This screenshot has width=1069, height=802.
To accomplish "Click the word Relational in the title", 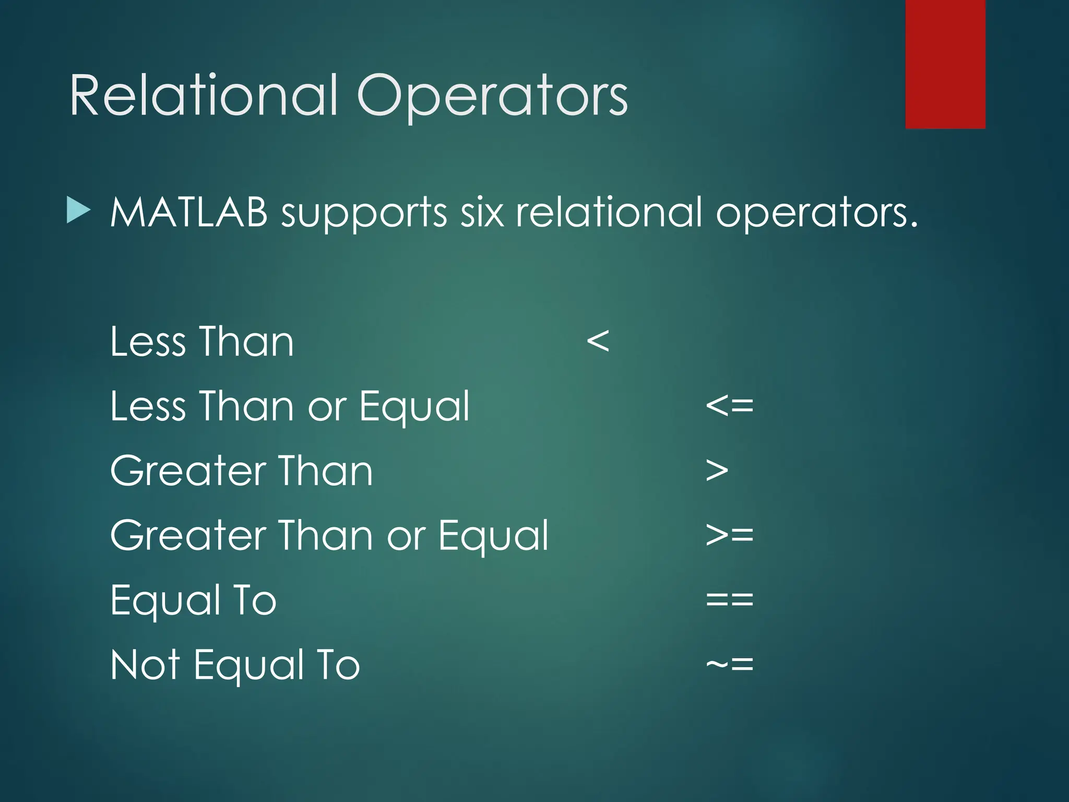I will coord(204,95).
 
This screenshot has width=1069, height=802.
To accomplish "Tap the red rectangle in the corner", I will coord(945,64).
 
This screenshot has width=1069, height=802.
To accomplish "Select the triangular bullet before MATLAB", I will coord(78,212).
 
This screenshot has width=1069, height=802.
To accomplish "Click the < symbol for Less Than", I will coord(598,341).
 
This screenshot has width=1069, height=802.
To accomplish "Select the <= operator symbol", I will coord(729,406).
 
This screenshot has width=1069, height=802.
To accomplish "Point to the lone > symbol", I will coord(717,470).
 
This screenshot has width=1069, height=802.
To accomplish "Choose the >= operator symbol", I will coord(729,535).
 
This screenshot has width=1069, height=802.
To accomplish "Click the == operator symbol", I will coord(729,599).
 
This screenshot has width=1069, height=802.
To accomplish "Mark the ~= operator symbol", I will coord(729,664).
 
